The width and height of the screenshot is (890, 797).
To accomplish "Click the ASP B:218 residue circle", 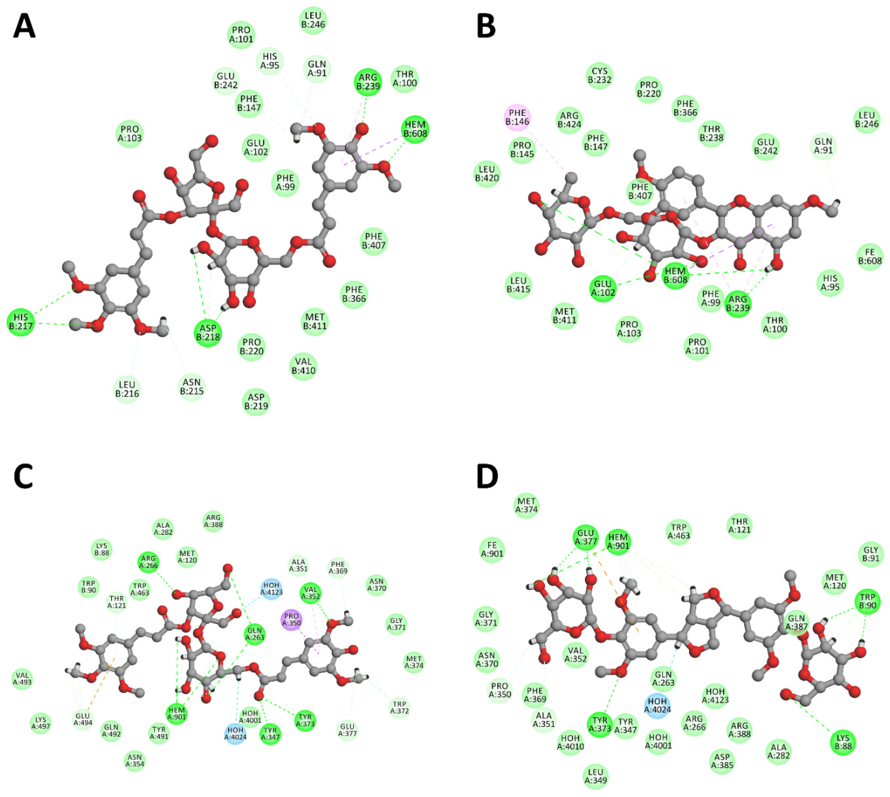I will click(x=208, y=333).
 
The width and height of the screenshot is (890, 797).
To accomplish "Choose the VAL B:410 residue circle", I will click(x=303, y=366).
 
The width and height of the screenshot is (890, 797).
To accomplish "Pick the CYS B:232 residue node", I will click(x=599, y=75).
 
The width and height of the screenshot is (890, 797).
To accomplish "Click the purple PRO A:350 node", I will click(x=291, y=620).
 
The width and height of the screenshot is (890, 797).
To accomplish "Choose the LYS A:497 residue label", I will click(x=40, y=723).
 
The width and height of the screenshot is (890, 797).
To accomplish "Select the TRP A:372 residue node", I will click(x=399, y=708).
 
